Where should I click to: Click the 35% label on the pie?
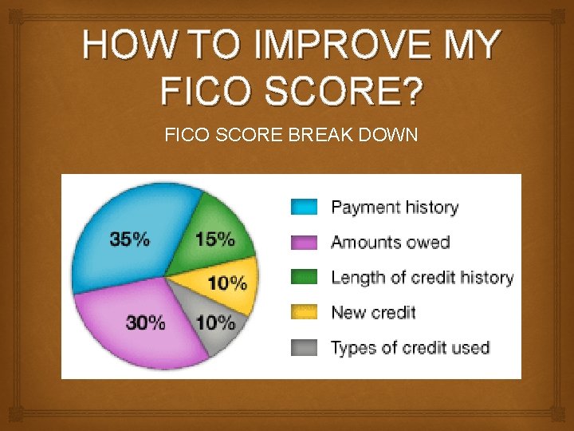point(129,239)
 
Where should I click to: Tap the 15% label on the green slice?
point(214,239)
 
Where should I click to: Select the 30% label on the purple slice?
point(146,322)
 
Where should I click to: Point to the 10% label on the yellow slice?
point(227,282)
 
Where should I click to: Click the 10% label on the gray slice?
point(215,322)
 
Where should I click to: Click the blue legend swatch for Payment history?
point(303,208)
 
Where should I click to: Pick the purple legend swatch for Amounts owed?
point(303,243)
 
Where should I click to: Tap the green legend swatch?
point(303,277)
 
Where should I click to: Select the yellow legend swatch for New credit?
point(303,312)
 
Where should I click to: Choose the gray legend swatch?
point(303,347)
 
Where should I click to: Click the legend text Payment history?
point(395,208)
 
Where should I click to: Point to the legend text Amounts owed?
point(391,243)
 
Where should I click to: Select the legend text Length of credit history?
point(422,278)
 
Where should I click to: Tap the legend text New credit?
point(373,312)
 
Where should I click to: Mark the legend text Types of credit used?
point(410,348)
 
